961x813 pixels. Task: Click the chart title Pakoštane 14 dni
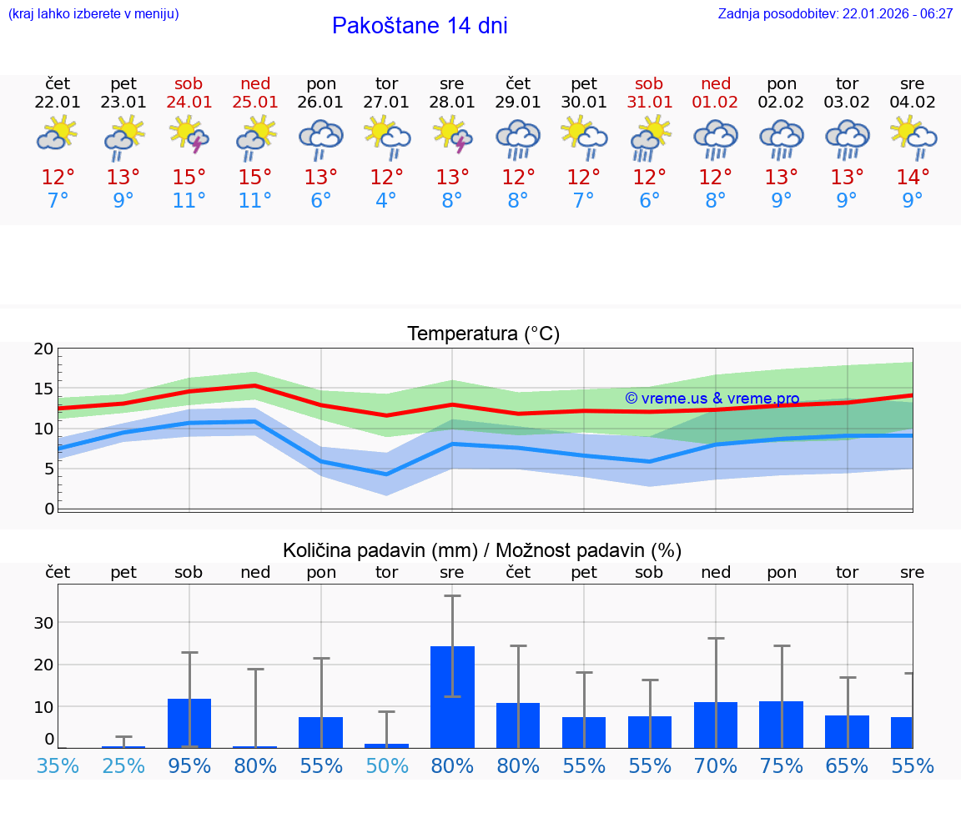pyautogui.click(x=420, y=26)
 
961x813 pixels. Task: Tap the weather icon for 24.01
pyautogui.click(x=189, y=135)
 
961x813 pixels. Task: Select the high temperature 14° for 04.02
pyautogui.click(x=913, y=178)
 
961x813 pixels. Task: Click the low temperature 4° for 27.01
pyautogui.click(x=386, y=201)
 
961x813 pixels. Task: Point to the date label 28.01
pyautogui.click(x=452, y=103)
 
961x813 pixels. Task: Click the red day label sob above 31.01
pyautogui.click(x=649, y=83)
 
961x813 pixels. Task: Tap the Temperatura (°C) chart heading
pyautogui.click(x=483, y=334)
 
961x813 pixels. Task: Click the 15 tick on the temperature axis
pyautogui.click(x=43, y=389)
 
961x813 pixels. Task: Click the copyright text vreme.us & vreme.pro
pyautogui.click(x=712, y=399)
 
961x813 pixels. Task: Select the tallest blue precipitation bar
pyautogui.click(x=452, y=696)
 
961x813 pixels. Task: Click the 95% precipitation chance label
pyautogui.click(x=189, y=765)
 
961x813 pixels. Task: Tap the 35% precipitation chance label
pyautogui.click(x=58, y=765)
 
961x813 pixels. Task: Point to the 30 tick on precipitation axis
pyautogui.click(x=43, y=623)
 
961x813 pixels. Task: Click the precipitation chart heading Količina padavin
pyautogui.click(x=482, y=550)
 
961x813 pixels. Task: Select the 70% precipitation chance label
pyautogui.click(x=716, y=765)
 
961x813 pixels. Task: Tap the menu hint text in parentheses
pyautogui.click(x=93, y=13)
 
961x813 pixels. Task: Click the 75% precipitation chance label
pyautogui.click(x=782, y=765)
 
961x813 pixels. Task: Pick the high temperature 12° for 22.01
pyautogui.click(x=58, y=178)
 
